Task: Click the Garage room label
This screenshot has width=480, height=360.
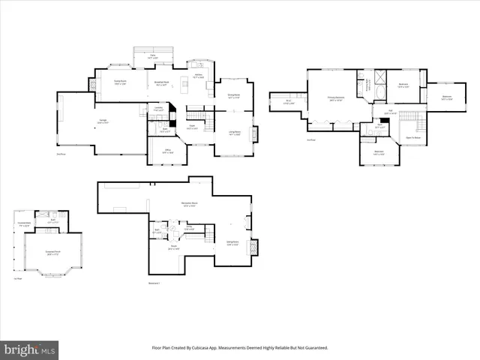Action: (x=101, y=121)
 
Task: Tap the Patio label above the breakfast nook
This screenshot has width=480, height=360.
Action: (x=152, y=56)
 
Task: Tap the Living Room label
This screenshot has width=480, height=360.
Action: (x=234, y=133)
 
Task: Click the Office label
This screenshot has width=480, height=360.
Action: (x=168, y=152)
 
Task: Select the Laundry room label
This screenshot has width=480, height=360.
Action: (x=158, y=108)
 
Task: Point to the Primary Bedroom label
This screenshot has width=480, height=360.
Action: (x=334, y=98)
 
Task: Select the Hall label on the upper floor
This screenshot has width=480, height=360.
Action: (x=390, y=112)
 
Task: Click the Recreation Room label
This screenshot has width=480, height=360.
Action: (x=189, y=204)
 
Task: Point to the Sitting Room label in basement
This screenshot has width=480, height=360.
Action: (x=232, y=243)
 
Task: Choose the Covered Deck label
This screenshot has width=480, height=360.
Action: (x=24, y=223)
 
